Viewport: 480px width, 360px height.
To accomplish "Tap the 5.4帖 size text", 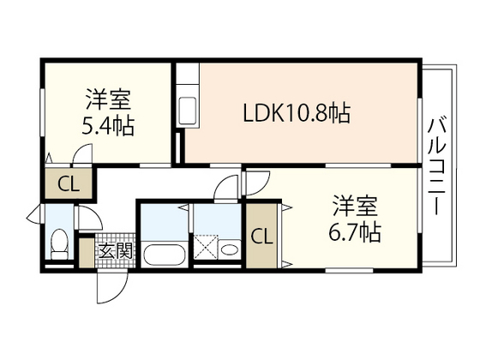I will coord(107,125).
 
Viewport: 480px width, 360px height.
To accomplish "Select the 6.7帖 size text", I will coord(356,231).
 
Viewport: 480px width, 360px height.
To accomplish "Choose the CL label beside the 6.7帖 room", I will coord(263,234).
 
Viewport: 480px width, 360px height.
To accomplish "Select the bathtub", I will coord(164,254).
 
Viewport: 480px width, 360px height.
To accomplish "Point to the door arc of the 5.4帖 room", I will coord(82,155).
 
